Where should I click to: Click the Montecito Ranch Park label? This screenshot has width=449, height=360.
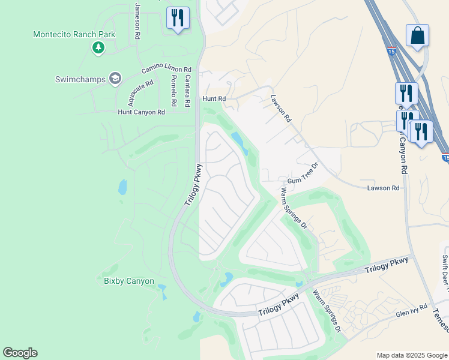click(74, 34)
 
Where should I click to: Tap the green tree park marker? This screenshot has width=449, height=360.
click(98, 48)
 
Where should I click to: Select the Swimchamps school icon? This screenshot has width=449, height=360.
click(115, 79)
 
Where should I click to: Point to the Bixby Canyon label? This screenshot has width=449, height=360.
click(129, 281)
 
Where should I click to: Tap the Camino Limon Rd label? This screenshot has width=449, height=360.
click(166, 70)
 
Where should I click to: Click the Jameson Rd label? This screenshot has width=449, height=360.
click(137, 20)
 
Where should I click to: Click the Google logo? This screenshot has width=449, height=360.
click(20, 353)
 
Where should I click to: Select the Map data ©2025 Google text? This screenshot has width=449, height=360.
click(411, 355)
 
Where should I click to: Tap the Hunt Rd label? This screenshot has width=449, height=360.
click(214, 98)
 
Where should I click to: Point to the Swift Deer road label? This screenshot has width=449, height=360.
click(445, 270)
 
